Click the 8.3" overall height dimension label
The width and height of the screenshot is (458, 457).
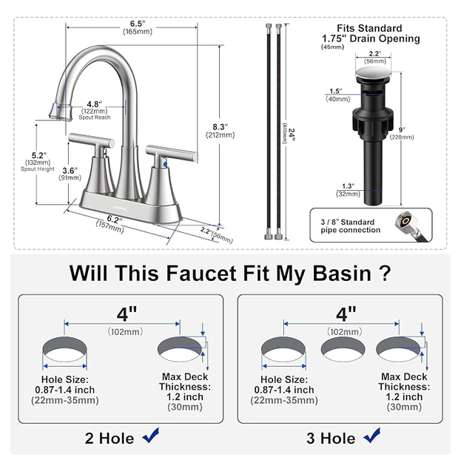point(220,127)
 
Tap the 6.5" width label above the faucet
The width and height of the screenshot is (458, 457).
point(138,24)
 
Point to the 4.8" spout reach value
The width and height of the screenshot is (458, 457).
point(95,104)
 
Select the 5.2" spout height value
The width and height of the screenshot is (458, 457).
point(39,155)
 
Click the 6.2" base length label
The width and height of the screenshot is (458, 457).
point(114,219)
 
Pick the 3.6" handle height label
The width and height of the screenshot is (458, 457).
point(70,170)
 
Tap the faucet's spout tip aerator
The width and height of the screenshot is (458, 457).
point(61,111)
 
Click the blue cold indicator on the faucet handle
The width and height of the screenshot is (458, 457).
point(166,165)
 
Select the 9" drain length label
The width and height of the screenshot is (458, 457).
point(403,129)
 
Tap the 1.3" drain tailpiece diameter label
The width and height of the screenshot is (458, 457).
point(348,186)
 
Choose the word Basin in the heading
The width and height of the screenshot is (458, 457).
point(342,274)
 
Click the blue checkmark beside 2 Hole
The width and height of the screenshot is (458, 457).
point(151,436)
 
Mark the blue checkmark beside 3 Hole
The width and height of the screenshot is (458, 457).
point(372,436)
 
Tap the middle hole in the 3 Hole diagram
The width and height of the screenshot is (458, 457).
point(343,349)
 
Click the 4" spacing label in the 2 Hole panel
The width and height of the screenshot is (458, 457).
point(127,314)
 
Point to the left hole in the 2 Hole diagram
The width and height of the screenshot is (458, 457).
point(65,349)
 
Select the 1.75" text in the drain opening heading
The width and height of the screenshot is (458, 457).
point(334,38)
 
